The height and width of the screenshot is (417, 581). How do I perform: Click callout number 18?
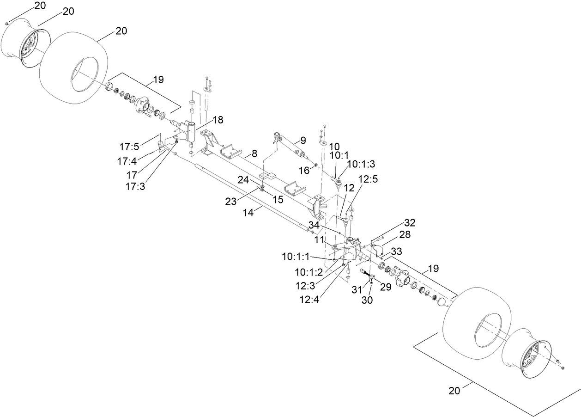217,119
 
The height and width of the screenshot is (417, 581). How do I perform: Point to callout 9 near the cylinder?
303,139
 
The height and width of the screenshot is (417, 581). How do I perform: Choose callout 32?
410,223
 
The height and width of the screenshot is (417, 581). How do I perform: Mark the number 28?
405,235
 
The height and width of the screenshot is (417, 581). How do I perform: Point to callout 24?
243,178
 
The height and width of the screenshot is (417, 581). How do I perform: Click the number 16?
303,171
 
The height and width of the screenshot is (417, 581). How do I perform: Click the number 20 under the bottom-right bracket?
454,391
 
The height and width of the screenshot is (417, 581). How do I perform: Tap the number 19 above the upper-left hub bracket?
158,80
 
